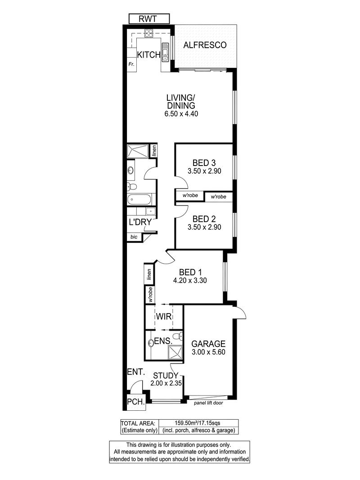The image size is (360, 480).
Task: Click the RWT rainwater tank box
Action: (149, 19)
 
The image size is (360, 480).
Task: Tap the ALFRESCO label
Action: (205, 45)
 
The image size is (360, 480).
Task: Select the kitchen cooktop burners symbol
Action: (149, 33)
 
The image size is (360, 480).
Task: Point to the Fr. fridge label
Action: (131, 64)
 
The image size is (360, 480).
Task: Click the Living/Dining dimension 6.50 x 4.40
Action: (181, 114)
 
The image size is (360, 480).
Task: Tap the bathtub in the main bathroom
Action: (139, 199)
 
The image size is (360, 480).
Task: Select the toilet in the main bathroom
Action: (132, 186)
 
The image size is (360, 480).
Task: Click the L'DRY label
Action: (140, 222)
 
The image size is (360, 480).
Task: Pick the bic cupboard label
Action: (134, 237)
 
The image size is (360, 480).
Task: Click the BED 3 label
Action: (204, 163)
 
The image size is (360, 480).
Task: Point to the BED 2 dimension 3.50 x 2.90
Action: (204, 227)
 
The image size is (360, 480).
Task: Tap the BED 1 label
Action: (190, 272)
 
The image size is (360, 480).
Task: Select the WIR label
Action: (164, 317)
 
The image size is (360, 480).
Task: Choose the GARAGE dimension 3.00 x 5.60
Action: (208, 352)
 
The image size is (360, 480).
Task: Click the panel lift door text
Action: (208, 403)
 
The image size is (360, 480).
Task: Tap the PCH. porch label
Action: (136, 402)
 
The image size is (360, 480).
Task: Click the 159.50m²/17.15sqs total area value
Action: (198, 423)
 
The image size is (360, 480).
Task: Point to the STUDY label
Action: (166, 376)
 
